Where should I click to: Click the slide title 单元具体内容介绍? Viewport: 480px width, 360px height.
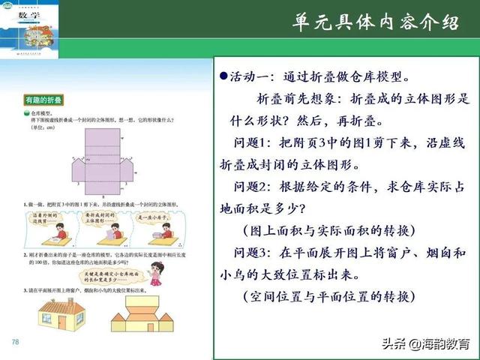tap(375, 23)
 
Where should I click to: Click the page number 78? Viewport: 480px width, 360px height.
tap(14, 342)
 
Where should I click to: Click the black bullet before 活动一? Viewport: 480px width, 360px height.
tap(223, 78)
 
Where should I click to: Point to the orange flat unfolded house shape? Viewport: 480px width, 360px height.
tap(153, 314)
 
